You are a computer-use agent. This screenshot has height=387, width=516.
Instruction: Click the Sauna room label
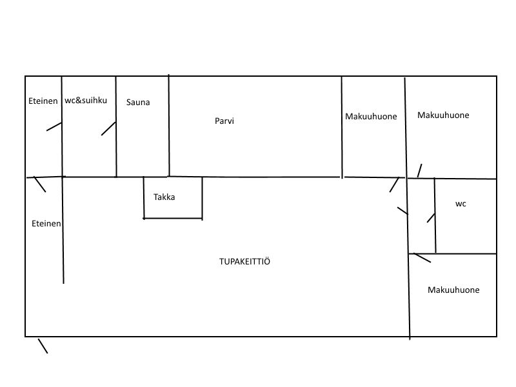click(138, 102)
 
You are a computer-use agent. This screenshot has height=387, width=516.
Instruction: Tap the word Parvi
click(224, 121)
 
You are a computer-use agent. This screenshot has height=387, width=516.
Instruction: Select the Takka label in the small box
click(164, 197)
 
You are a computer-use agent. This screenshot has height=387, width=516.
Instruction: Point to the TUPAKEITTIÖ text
click(244, 261)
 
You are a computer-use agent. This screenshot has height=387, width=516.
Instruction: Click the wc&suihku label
click(86, 101)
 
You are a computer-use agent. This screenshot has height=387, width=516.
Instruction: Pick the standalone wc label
click(461, 204)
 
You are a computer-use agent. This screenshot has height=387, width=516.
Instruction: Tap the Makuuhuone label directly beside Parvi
click(371, 116)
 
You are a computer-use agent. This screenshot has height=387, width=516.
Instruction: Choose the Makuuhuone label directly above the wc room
click(443, 115)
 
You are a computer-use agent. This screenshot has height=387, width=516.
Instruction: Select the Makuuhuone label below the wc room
click(453, 290)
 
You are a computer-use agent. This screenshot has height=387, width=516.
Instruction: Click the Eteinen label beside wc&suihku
click(42, 101)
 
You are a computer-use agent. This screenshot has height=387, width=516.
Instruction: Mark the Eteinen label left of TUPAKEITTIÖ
click(46, 224)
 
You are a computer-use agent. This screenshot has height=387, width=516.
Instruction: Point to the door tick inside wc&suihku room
click(108, 128)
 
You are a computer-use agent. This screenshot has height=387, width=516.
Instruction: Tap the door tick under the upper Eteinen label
click(54, 126)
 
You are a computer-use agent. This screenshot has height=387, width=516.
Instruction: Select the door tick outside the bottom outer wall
click(43, 346)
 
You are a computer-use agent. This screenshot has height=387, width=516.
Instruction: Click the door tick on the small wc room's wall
click(431, 217)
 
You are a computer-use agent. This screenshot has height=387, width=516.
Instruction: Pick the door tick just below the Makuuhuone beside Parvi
click(394, 184)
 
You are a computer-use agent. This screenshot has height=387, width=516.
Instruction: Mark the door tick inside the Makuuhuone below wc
click(422, 258)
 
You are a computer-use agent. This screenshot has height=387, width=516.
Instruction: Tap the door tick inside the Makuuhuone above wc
click(419, 170)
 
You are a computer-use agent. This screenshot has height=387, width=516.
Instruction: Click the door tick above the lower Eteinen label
click(40, 184)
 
